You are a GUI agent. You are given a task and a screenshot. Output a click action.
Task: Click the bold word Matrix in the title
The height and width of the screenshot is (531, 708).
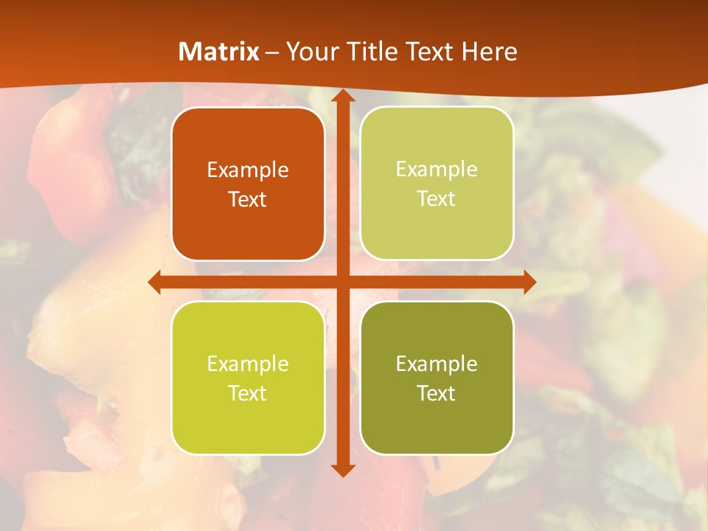tap(219, 52)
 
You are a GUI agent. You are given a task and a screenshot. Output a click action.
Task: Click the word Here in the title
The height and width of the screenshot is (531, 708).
tap(489, 52)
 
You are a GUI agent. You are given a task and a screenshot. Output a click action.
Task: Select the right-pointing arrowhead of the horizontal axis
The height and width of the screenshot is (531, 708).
tap(529, 282)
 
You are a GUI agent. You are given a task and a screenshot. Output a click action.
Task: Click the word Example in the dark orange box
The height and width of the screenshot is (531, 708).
tap(248, 170)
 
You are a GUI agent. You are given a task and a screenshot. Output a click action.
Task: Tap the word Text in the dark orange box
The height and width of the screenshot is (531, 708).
tap(248, 199)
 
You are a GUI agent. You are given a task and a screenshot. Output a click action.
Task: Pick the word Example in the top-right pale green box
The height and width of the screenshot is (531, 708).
tap(437, 170)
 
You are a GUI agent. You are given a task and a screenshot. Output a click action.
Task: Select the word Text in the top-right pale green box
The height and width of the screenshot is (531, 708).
tap(437, 198)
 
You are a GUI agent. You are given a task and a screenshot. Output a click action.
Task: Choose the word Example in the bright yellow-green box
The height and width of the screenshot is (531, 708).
tap(248, 364)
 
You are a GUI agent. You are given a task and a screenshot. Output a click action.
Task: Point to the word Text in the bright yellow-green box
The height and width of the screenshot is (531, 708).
tap(248, 393)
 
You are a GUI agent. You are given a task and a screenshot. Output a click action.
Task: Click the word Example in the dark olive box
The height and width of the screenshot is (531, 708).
tap(437, 364)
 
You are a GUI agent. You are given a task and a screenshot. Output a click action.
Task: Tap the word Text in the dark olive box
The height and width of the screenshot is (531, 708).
tap(437, 393)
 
